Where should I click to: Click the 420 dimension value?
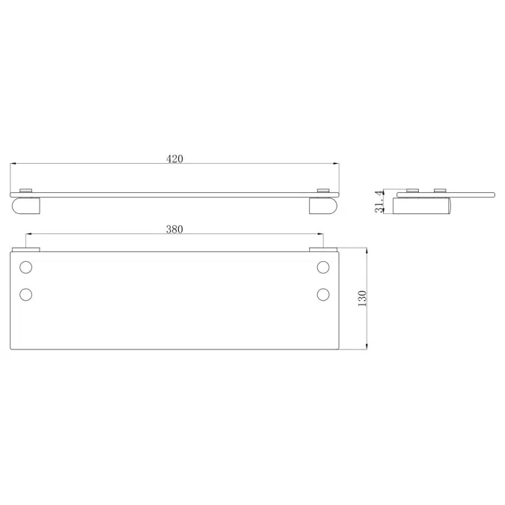pyautogui.click(x=174, y=158)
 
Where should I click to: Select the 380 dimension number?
pyautogui.click(x=174, y=230)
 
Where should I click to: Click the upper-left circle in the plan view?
pyautogui.click(x=26, y=267)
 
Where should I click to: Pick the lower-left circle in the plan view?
pyautogui.click(x=26, y=294)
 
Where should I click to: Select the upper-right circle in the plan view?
pyautogui.click(x=323, y=267)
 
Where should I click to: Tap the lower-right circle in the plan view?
pyautogui.click(x=323, y=294)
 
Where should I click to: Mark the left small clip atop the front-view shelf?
pyautogui.click(x=26, y=190)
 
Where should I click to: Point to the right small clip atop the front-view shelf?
pyautogui.click(x=323, y=190)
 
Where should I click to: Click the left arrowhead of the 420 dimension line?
pyautogui.click(x=13, y=164)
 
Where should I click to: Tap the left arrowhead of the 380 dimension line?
pyautogui.click(x=29, y=236)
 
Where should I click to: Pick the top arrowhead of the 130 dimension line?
pyautogui.click(x=367, y=250)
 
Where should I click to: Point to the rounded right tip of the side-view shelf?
pyautogui.click(x=493, y=194)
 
